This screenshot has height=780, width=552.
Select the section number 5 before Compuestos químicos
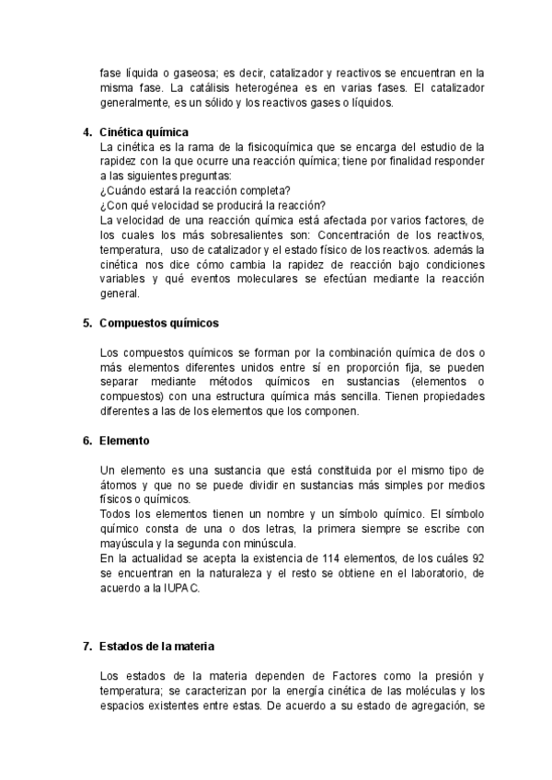click(86, 323)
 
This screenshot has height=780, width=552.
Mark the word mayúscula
click(130, 544)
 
